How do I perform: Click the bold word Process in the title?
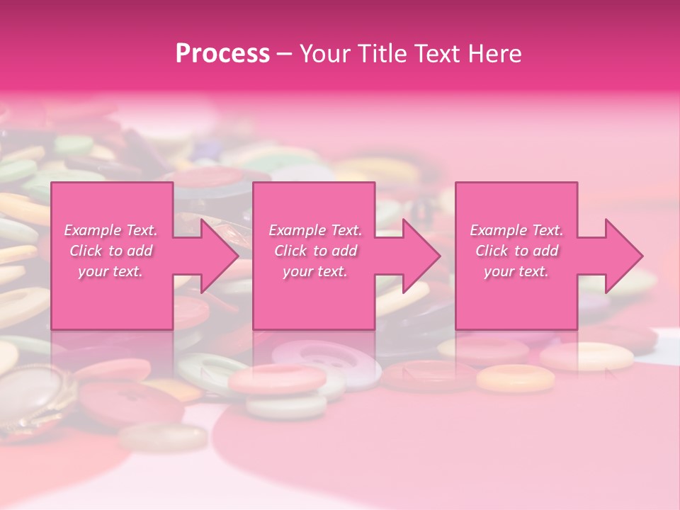(x=222, y=54)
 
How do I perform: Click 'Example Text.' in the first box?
(x=110, y=230)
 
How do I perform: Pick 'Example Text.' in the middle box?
(x=315, y=230)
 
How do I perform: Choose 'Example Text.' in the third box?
(x=516, y=230)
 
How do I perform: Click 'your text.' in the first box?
(x=110, y=271)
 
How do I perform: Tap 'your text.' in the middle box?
(x=315, y=271)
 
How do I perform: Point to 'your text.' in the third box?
(x=516, y=271)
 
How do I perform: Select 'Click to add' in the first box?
(x=110, y=251)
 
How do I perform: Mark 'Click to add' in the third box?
(x=516, y=251)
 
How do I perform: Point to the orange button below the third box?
(x=515, y=378)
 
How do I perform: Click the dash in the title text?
(x=285, y=54)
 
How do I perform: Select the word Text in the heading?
(x=439, y=54)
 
